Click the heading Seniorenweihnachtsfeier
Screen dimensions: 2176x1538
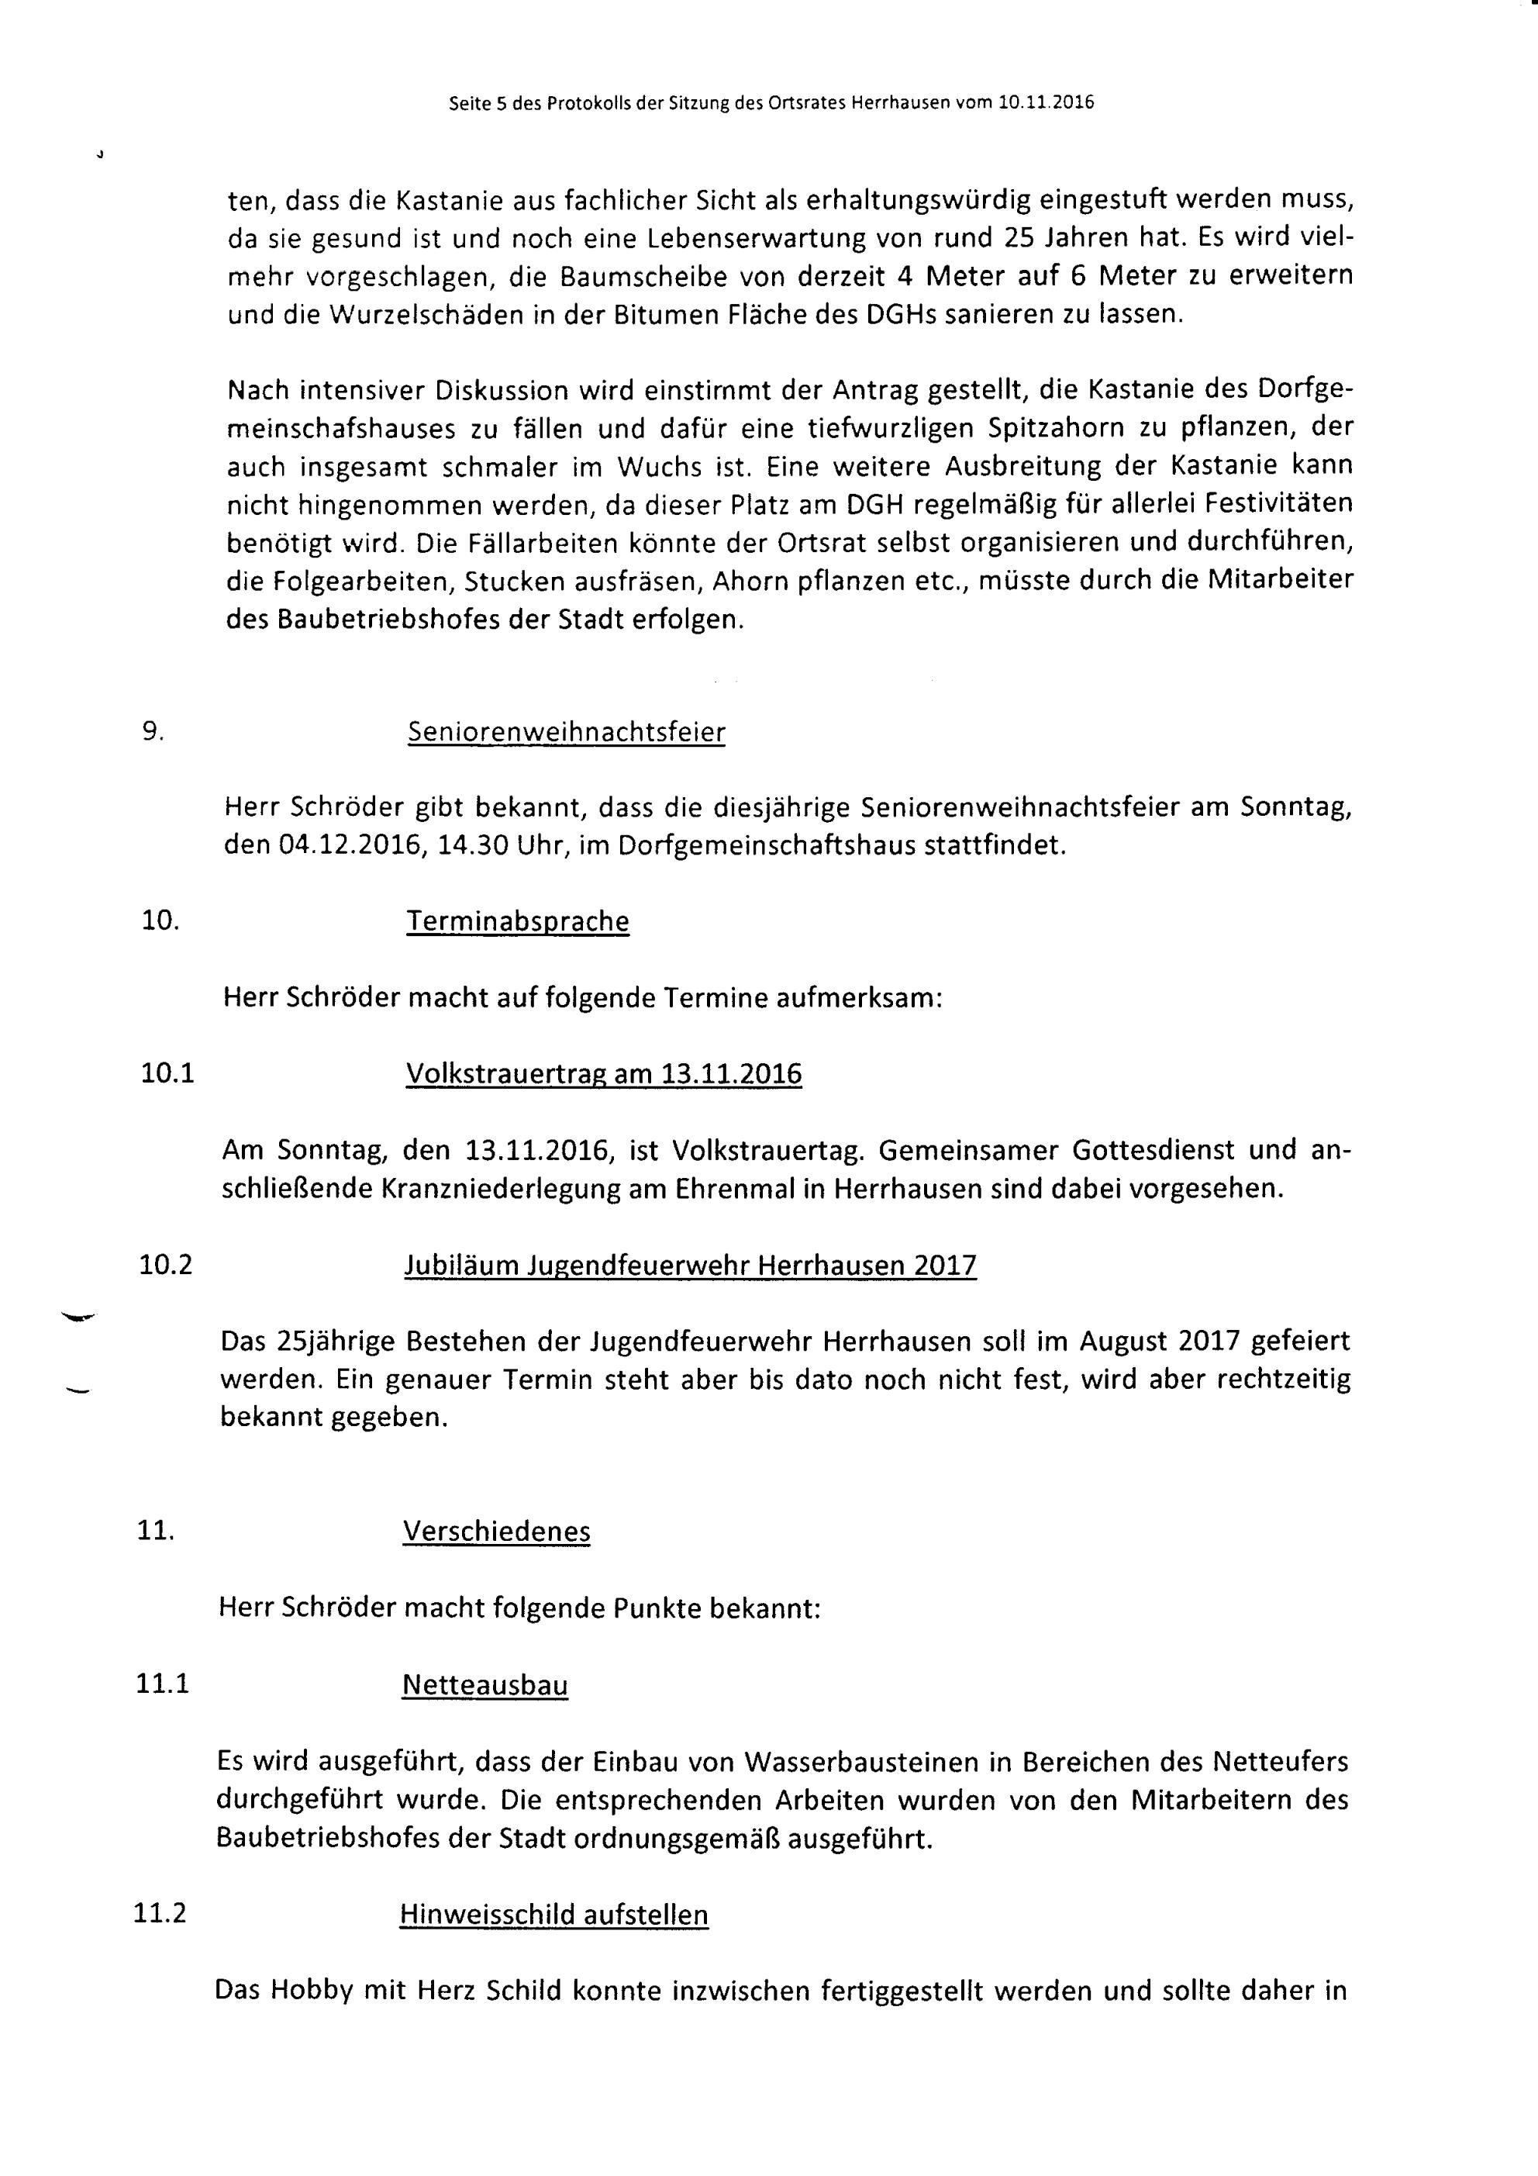(566, 733)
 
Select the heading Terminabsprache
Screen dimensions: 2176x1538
(517, 921)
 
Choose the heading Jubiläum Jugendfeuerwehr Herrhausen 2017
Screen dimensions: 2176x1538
(690, 1266)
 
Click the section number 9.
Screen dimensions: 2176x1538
(153, 731)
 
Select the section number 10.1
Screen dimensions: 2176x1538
(167, 1074)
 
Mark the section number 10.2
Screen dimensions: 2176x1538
(166, 1266)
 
